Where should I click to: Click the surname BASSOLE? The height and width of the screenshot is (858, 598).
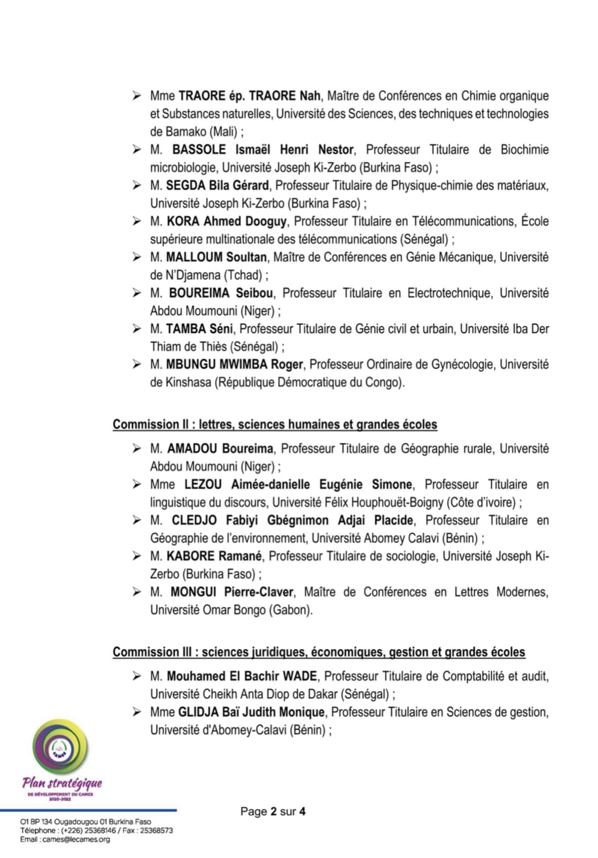[199, 150]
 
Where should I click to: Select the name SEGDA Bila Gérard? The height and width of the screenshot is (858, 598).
[217, 185]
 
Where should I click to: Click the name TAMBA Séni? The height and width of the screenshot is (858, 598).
[199, 329]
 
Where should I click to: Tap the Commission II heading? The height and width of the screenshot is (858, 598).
[275, 424]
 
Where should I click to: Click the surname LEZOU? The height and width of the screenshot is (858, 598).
[203, 484]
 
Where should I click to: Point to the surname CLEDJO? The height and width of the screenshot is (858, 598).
[194, 520]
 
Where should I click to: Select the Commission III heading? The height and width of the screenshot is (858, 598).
[319, 652]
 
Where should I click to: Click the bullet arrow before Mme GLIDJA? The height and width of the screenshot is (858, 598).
[137, 712]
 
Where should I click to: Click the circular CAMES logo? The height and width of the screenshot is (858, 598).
[60, 748]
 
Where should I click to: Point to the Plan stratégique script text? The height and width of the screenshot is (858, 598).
[62, 783]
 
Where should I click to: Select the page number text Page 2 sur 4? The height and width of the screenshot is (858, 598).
[273, 811]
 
